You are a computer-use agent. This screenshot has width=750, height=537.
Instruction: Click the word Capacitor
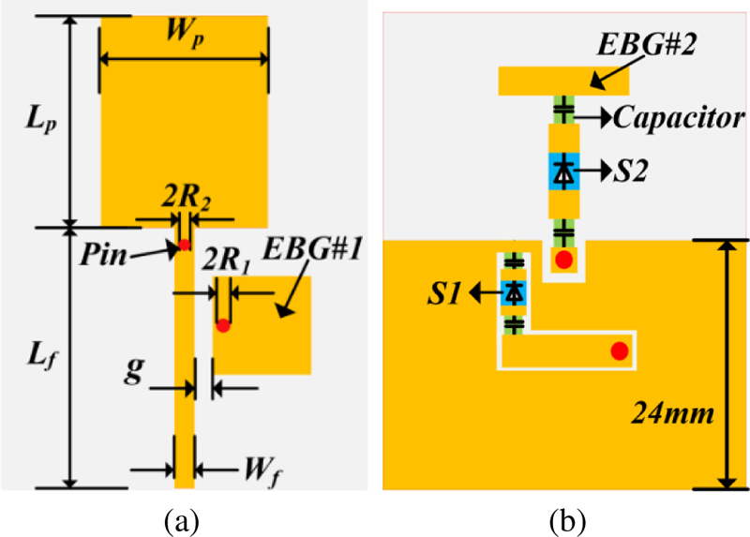click(x=680, y=118)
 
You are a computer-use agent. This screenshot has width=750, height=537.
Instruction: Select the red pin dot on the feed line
click(x=185, y=245)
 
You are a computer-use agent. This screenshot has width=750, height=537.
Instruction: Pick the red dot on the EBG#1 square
click(x=223, y=326)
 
